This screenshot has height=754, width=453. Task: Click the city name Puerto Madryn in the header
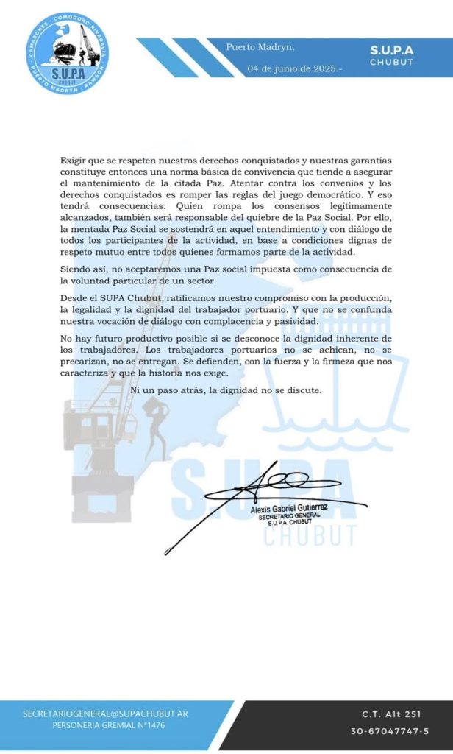(x=260, y=48)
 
